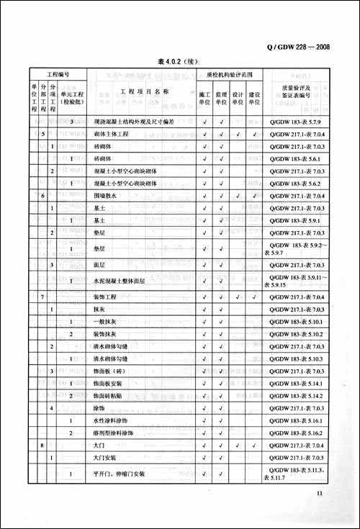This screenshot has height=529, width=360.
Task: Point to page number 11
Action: pos(320,494)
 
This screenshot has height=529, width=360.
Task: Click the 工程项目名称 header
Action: pos(144,93)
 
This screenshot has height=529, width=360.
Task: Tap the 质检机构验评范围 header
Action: pos(230,75)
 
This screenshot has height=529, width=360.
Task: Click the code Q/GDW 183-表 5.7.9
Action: pos(298,122)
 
